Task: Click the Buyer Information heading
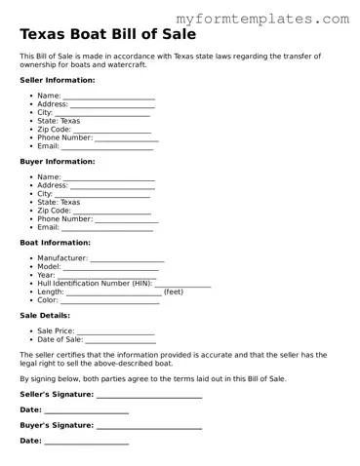pyautogui.click(x=57, y=161)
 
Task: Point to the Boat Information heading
pyautogui.click(x=55, y=242)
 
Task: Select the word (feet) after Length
pyautogui.click(x=173, y=291)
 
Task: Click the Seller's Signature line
pyautogui.click(x=149, y=397)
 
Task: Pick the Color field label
pyautogui.click(x=48, y=299)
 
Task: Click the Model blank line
pyautogui.click(x=110, y=268)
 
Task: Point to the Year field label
pyautogui.click(x=46, y=276)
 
